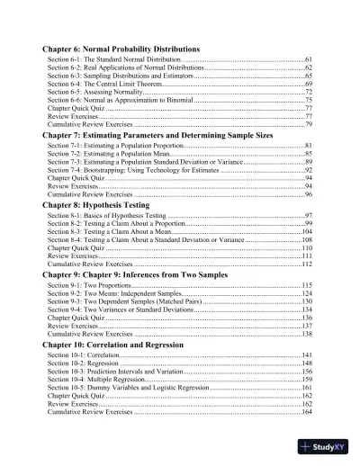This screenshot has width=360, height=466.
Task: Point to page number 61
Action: point(308,58)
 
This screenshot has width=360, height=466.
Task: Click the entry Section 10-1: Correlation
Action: point(84,356)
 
